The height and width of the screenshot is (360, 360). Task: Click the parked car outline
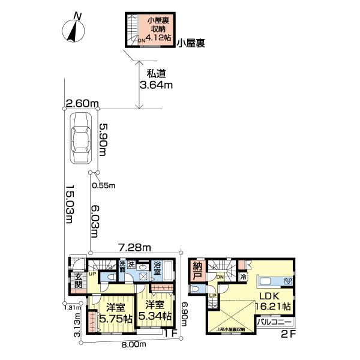coord(82,139)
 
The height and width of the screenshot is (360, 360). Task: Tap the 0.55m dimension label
coord(103,185)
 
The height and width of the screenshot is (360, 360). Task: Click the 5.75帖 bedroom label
coord(115,314)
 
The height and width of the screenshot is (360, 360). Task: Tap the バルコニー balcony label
coord(274,322)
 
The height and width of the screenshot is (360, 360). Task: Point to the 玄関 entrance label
coord(79,281)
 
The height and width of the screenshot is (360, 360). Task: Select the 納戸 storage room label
coord(198,272)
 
